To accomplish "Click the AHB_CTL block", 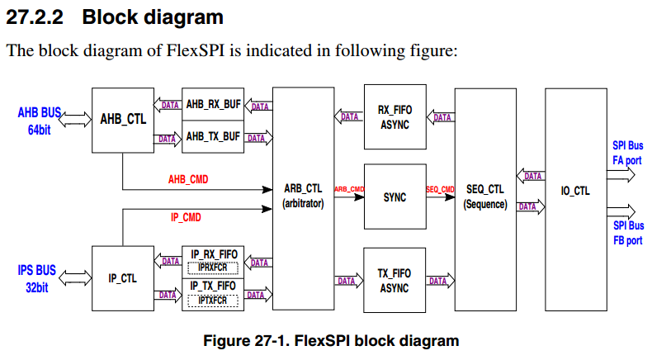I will tap(123, 119).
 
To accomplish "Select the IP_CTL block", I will tap(122, 278).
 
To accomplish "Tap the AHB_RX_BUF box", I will tap(213, 105).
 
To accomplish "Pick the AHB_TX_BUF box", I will tap(213, 135).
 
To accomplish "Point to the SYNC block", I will tap(395, 197).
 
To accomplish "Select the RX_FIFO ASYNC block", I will tap(395, 116).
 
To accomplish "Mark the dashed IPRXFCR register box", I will tap(213, 268).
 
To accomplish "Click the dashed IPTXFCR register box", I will tap(213, 301).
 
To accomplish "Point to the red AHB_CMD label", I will tap(188, 178).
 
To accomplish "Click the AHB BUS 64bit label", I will tap(39, 121).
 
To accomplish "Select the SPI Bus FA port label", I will tap(627, 152).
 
